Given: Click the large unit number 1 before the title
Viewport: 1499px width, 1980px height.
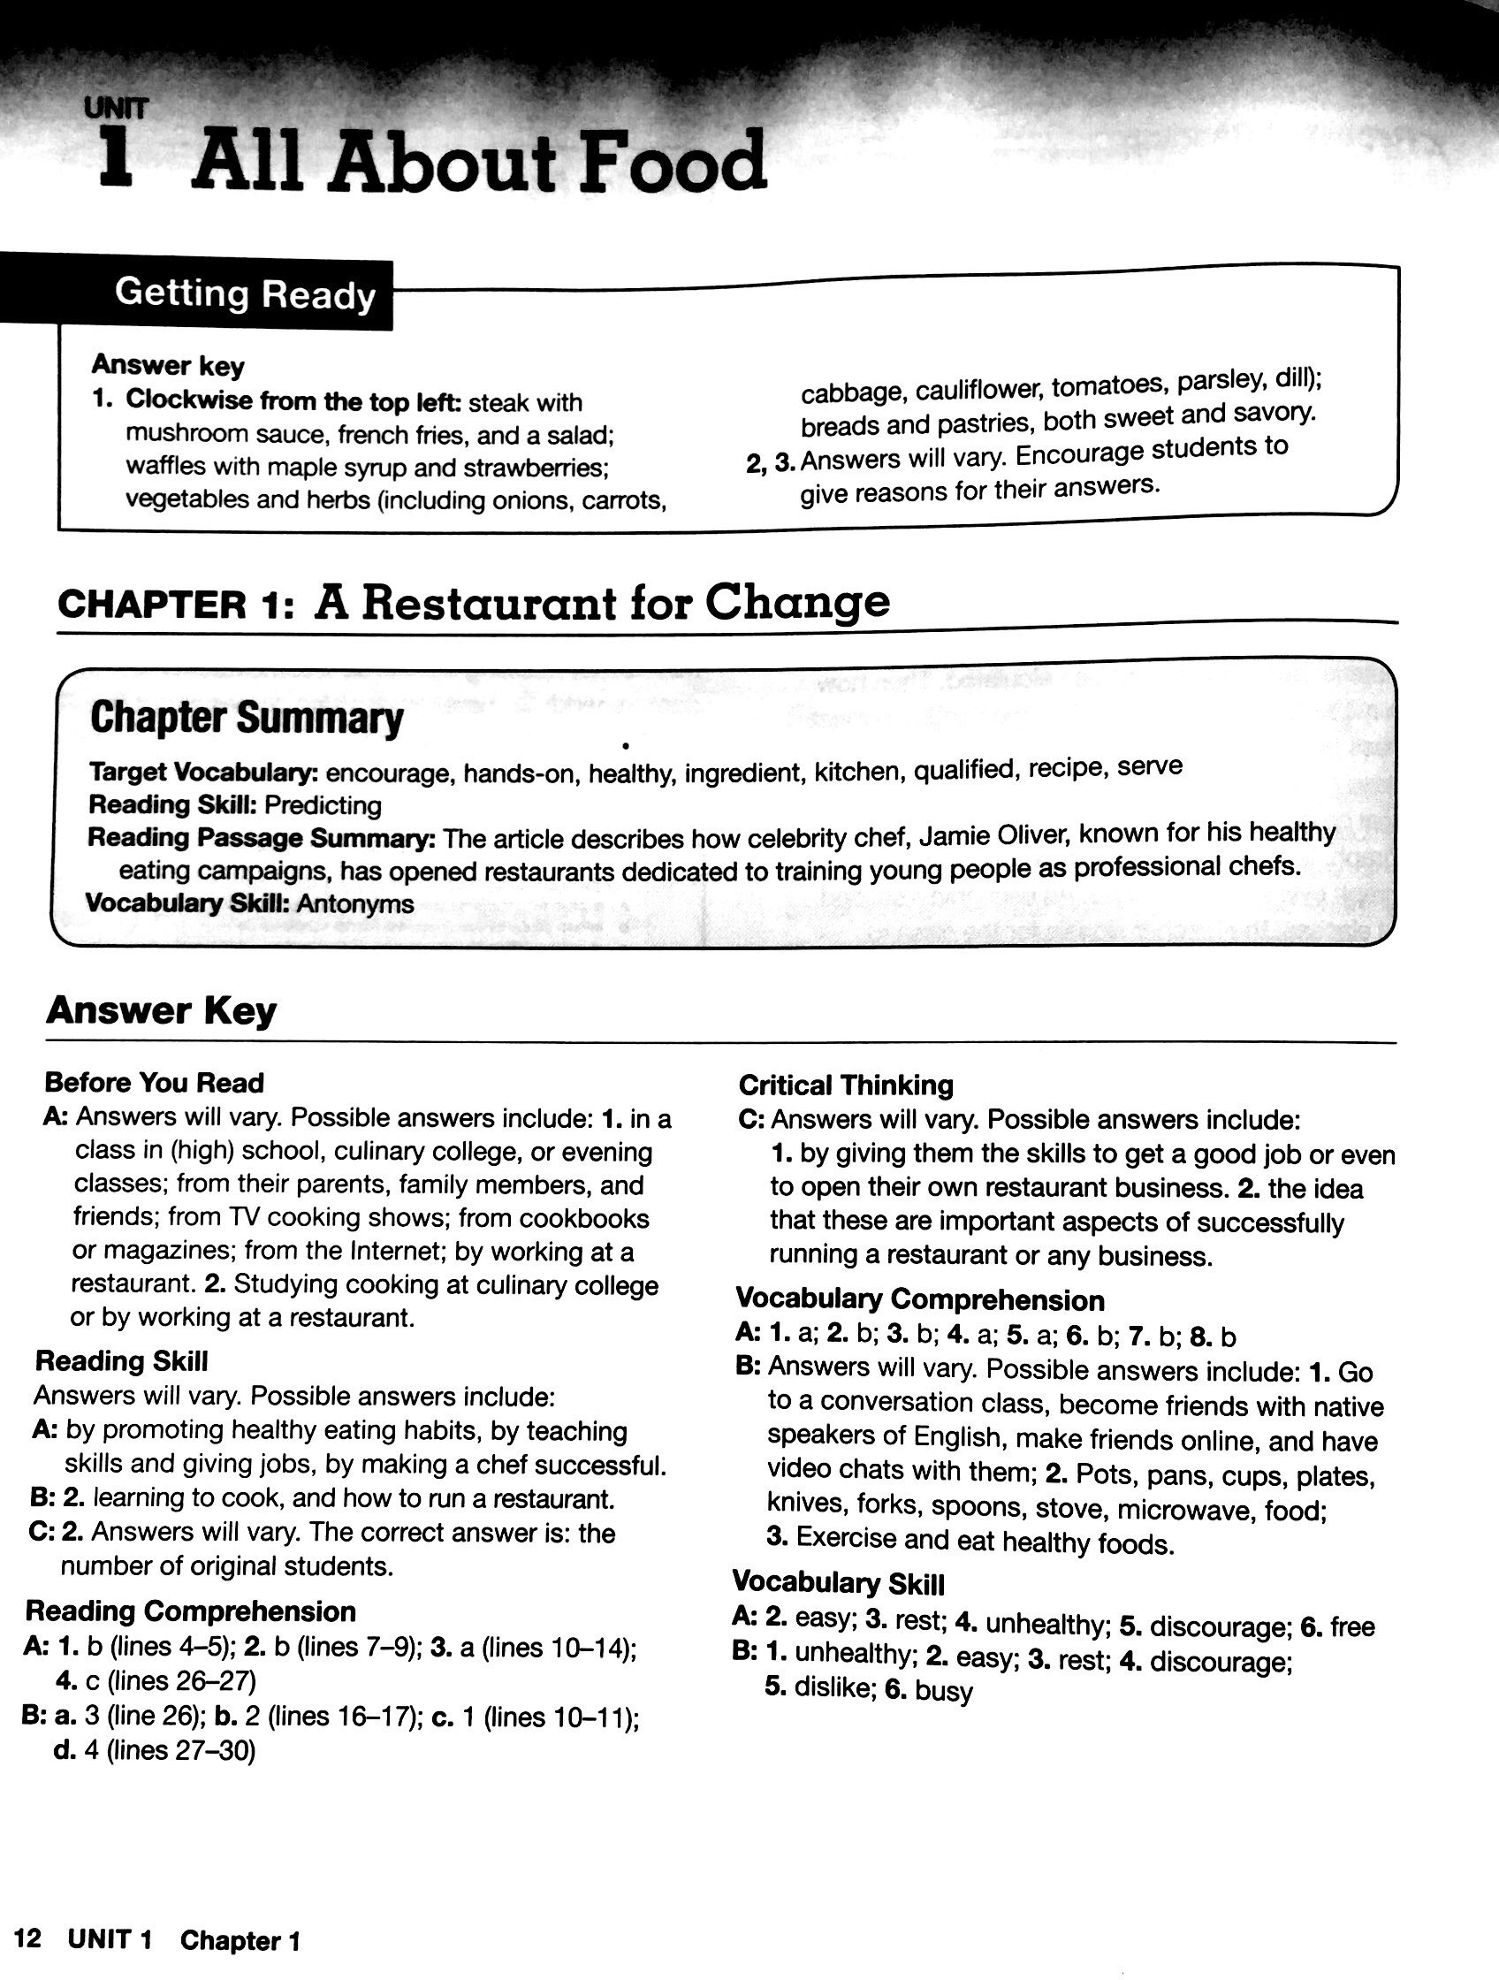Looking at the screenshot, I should (x=117, y=158).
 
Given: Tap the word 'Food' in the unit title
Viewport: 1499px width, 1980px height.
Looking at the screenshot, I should (x=673, y=163).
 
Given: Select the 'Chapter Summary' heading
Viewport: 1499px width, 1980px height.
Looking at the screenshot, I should (x=246, y=718).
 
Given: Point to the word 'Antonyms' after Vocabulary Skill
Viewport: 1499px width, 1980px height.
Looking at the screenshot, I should (x=355, y=904).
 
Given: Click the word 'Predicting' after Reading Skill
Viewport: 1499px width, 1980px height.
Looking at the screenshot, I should (x=323, y=804).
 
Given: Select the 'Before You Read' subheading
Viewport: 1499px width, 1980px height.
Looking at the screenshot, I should (x=154, y=1082).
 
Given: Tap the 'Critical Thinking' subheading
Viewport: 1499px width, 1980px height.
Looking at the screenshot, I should (x=846, y=1085).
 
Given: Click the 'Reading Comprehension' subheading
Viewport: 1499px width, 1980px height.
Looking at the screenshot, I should (x=190, y=1611).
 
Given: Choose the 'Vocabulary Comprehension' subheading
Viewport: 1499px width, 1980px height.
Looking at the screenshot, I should (x=920, y=1298).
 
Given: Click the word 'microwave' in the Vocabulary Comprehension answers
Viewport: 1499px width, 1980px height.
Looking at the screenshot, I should (x=1189, y=1510).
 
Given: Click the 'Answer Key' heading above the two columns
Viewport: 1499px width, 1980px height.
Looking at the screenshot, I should (x=161, y=1010).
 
